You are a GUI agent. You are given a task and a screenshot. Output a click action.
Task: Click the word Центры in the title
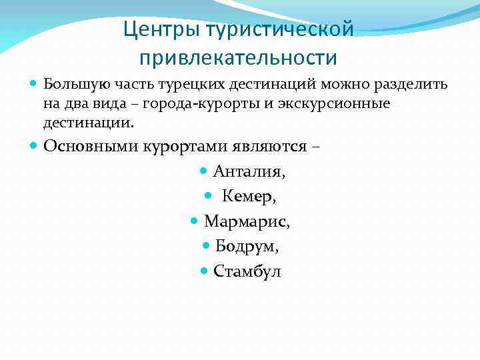click(x=162, y=30)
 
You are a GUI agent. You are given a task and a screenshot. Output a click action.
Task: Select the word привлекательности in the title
click(x=238, y=57)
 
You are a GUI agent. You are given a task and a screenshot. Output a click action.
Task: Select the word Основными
click(x=91, y=146)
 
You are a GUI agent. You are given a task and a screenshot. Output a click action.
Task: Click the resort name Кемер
click(x=249, y=197)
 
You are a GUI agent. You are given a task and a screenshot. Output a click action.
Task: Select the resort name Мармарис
click(x=247, y=221)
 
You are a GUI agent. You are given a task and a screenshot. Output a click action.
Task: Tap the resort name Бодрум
click(x=247, y=246)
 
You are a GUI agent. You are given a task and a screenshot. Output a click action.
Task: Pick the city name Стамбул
click(x=247, y=271)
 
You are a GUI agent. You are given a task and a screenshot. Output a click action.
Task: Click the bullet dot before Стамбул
click(x=205, y=271)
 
